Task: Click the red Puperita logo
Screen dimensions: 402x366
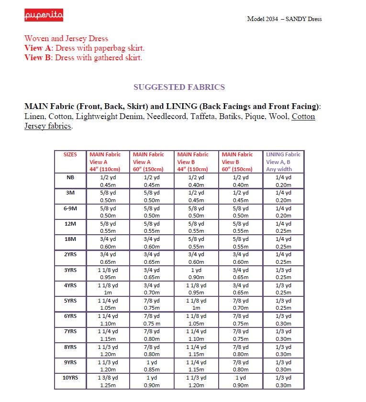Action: pos(44,16)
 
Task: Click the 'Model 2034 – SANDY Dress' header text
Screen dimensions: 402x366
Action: pos(284,19)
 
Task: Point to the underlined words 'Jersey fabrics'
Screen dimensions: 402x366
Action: pos(48,126)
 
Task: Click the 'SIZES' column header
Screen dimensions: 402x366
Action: pos(70,154)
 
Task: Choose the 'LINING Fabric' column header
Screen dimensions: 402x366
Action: pos(283,154)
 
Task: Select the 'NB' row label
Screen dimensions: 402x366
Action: pos(70,177)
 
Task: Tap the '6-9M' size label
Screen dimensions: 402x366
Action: pos(70,208)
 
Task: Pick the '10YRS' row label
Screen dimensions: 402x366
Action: pos(70,378)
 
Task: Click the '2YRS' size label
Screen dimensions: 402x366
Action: pos(70,254)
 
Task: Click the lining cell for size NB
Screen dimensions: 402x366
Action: pos(283,181)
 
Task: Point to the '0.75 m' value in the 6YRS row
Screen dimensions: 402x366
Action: pos(153,323)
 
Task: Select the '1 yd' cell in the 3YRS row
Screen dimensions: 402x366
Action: pos(197,270)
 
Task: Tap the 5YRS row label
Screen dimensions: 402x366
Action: pos(70,301)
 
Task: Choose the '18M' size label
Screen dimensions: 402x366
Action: pos(70,239)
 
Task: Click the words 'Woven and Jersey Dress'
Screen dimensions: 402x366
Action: pos(66,39)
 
